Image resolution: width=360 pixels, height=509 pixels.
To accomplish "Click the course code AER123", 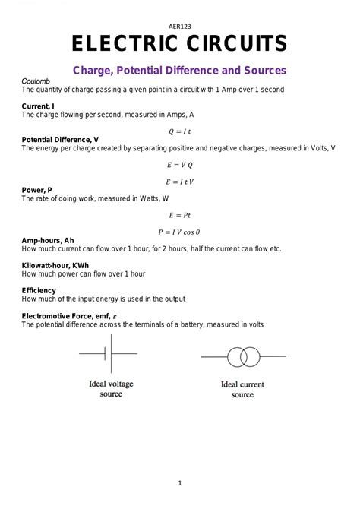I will tap(179, 24).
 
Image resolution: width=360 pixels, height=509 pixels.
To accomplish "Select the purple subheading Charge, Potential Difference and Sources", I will tap(179, 70).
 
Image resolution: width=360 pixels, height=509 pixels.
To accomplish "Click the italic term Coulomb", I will tap(35, 81).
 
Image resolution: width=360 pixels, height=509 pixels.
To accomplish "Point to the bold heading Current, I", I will tap(40, 106).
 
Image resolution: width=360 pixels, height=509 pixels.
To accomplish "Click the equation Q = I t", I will tap(180, 131).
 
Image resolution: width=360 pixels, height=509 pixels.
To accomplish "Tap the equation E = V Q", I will tap(180, 164).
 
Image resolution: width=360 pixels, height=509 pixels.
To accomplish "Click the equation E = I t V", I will tap(180, 182).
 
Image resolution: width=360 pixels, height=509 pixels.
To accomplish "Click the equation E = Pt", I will tap(180, 215).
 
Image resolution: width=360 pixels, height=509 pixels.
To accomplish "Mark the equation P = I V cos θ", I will tap(180, 232).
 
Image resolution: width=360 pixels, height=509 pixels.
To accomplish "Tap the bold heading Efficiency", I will tap(39, 290).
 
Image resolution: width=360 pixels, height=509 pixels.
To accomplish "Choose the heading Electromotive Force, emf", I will tap(68, 315).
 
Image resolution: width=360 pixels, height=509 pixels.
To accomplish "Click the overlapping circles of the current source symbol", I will tap(242, 356).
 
